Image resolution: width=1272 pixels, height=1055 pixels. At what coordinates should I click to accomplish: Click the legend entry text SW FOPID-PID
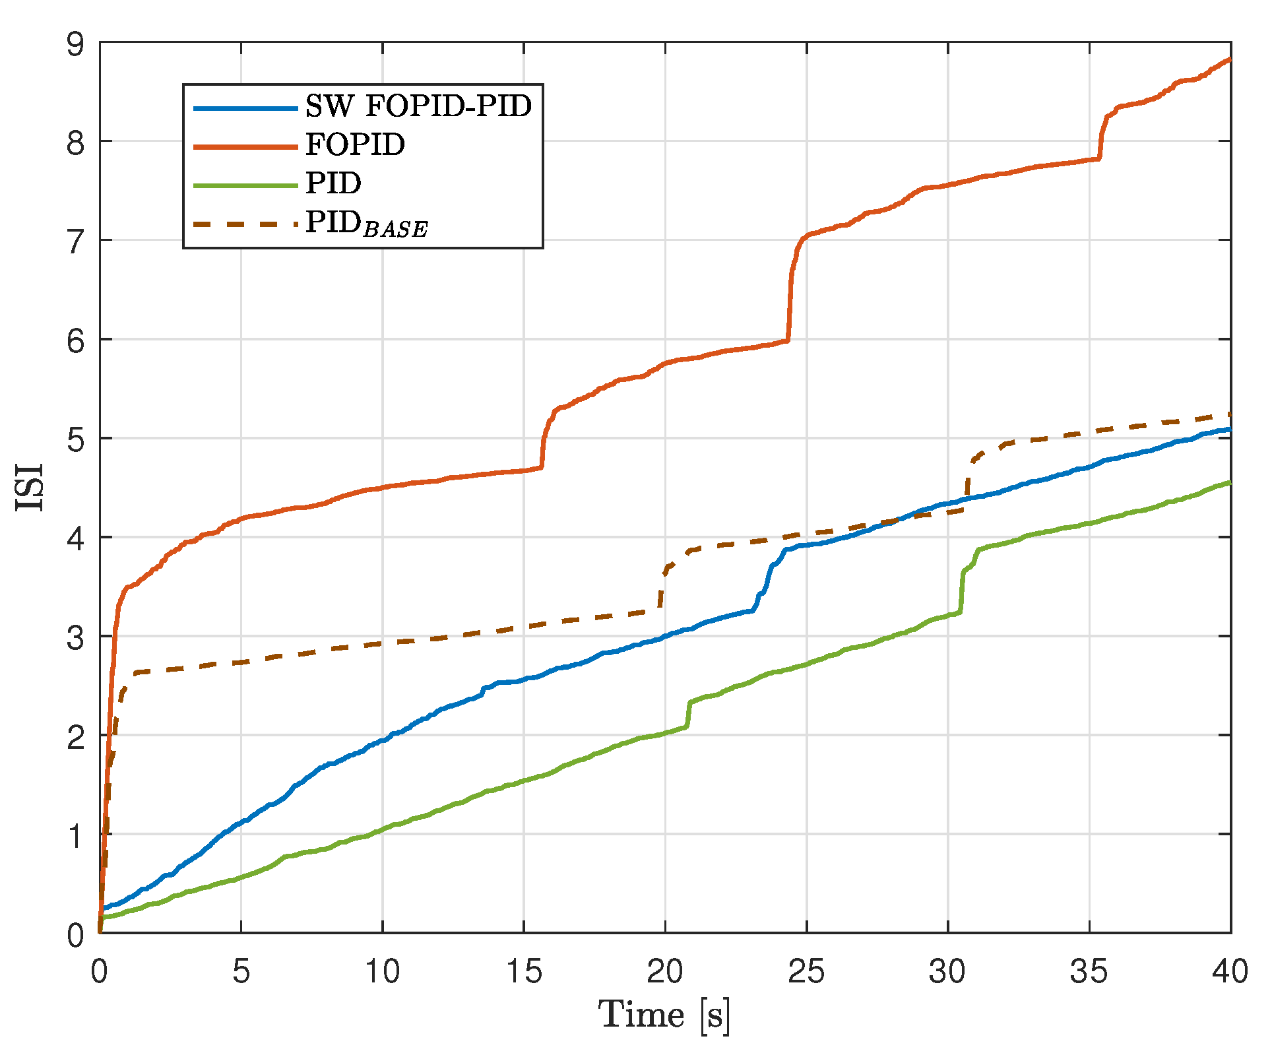[418, 106]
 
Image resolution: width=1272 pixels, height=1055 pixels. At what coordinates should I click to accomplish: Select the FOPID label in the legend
[355, 144]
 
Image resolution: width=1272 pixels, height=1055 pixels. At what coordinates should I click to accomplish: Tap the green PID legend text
[333, 183]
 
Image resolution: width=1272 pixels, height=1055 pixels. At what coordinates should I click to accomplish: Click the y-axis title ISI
[30, 487]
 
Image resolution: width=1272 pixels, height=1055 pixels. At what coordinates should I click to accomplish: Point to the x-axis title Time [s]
[664, 1015]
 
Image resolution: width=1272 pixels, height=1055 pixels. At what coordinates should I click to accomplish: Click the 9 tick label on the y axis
[75, 44]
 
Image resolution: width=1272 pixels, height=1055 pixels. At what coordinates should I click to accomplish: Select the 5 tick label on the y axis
[75, 439]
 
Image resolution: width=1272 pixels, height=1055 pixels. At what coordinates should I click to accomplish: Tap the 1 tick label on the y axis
[75, 836]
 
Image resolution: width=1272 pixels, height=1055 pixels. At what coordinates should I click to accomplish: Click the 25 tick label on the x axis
[806, 971]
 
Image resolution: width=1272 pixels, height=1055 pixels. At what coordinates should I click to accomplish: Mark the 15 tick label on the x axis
[523, 971]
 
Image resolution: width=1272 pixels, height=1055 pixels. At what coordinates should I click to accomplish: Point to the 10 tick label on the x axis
[382, 971]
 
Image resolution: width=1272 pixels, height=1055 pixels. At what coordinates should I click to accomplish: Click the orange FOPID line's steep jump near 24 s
[790, 290]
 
